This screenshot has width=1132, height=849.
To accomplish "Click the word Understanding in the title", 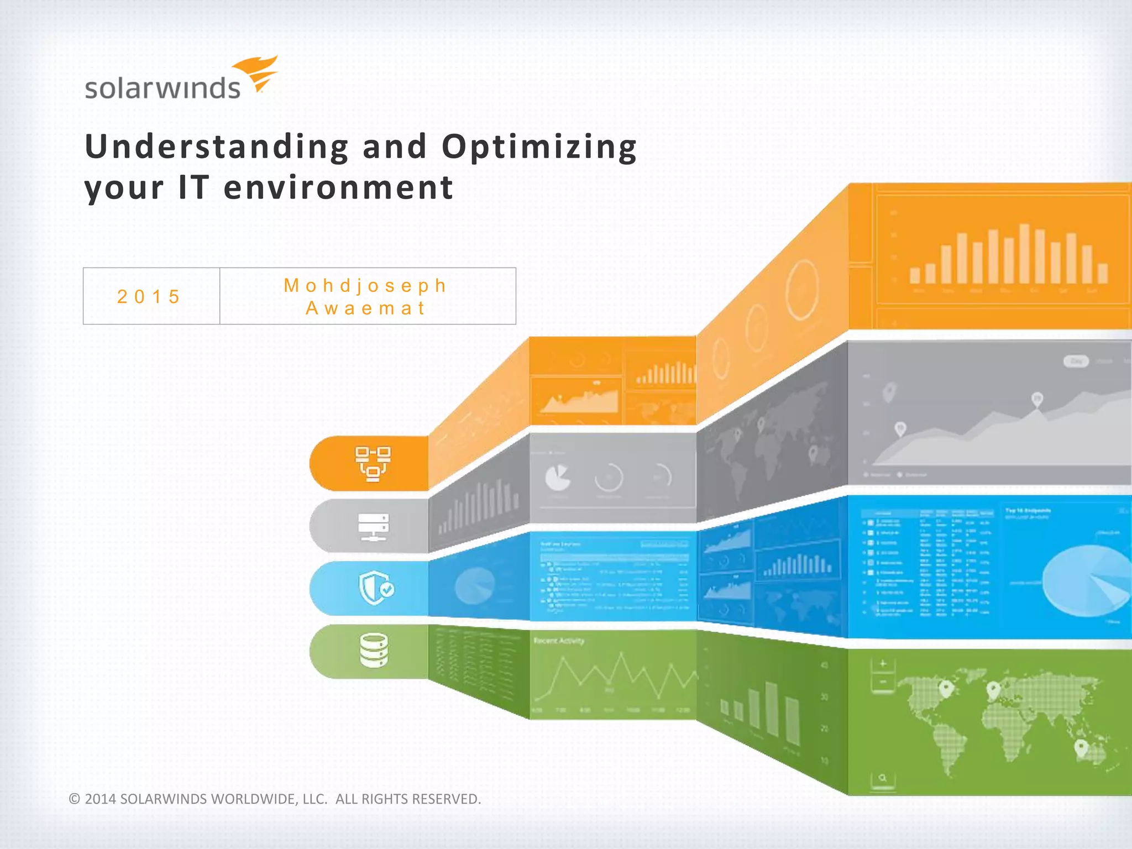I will pyautogui.click(x=217, y=146).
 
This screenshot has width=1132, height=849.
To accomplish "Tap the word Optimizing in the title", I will pyautogui.click(x=539, y=148).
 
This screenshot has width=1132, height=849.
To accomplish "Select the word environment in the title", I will pyautogui.click(x=338, y=187).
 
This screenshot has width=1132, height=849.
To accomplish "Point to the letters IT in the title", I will pyautogui.click(x=192, y=187).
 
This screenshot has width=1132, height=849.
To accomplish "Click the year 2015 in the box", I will pyautogui.click(x=149, y=297).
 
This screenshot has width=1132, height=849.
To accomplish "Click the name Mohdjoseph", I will pyautogui.click(x=365, y=285).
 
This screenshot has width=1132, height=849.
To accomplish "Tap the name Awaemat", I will pyautogui.click(x=365, y=308).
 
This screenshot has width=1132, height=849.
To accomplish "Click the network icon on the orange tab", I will pyautogui.click(x=373, y=464).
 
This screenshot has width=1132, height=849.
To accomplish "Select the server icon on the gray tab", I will pyautogui.click(x=373, y=527).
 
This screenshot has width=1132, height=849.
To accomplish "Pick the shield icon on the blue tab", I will pyautogui.click(x=376, y=588).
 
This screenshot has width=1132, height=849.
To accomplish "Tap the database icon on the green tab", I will pyautogui.click(x=374, y=651).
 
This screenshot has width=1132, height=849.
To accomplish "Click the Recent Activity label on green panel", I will pyautogui.click(x=559, y=641).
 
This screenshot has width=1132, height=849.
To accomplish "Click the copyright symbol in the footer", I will pyautogui.click(x=75, y=799).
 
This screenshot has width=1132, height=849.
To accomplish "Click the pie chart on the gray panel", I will pyautogui.click(x=557, y=478).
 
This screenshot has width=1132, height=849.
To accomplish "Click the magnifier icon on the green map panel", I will pyautogui.click(x=882, y=778).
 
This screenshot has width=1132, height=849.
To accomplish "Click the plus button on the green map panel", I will pyautogui.click(x=882, y=663).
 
